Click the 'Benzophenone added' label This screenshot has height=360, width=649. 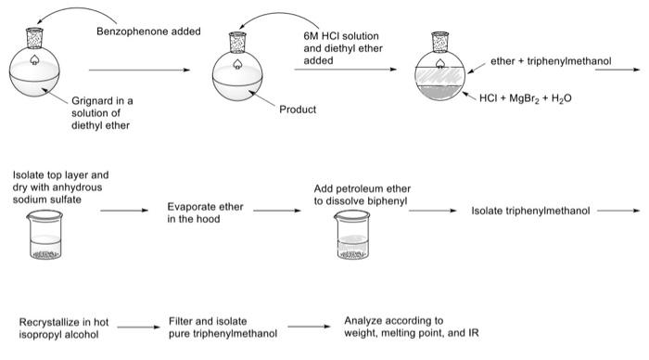pyautogui.click(x=148, y=32)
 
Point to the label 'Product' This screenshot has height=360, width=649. pyautogui.click(x=298, y=109)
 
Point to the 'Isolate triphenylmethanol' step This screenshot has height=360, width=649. pyautogui.click(x=530, y=211)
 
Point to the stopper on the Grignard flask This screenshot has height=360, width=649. pyautogui.click(x=36, y=40)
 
